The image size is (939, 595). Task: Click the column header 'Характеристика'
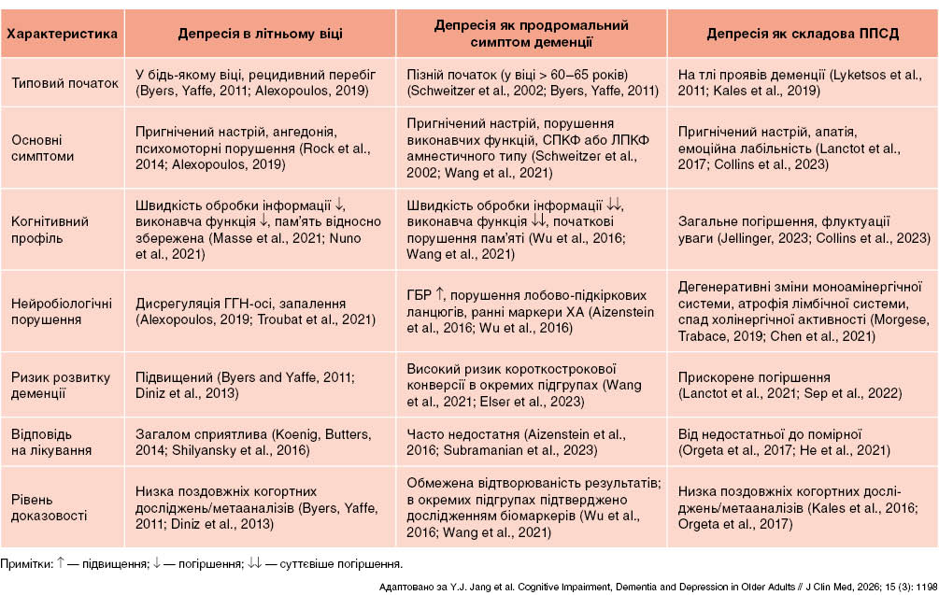pos(62,34)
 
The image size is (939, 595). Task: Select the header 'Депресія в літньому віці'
pos(260,34)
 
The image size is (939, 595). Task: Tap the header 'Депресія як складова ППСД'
pos(803,34)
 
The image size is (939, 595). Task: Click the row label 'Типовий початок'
pos(64,82)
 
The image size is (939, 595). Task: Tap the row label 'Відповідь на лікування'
pos(51,442)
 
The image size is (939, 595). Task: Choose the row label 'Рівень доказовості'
pos(42,506)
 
